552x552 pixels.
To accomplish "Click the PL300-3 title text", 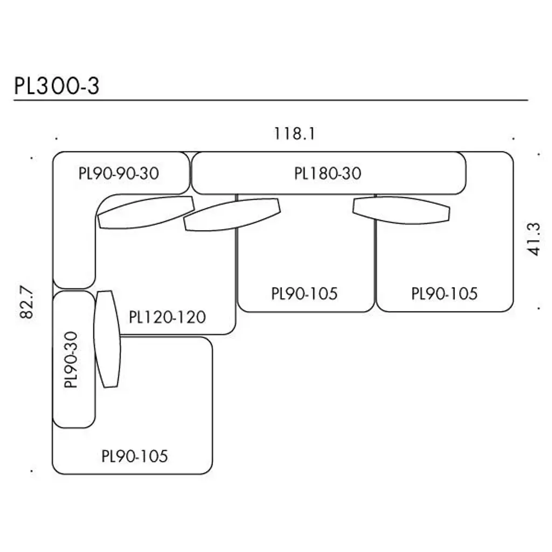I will [57, 86].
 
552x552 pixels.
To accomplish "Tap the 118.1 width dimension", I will [294, 133].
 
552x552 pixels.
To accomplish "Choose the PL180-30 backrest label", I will [328, 174].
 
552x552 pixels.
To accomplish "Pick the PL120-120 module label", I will [168, 316].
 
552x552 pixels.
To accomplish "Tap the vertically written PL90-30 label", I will [71, 359].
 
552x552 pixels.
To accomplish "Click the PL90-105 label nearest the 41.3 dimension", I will [444, 294].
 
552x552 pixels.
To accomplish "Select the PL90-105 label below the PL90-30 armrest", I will [135, 457].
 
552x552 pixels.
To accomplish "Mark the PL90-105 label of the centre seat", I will [305, 294].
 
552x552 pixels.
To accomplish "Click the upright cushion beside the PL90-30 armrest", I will [107, 339].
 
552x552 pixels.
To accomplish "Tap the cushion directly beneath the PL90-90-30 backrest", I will [146, 212].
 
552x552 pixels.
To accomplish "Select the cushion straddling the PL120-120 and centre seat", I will [232, 215].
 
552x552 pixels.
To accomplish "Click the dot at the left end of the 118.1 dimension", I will [56, 139].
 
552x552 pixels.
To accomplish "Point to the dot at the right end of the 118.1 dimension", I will [514, 139].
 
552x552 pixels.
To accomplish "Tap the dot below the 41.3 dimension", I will [539, 309].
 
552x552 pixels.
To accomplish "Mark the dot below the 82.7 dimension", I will [33, 471].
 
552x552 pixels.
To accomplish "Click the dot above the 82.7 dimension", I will [33, 158].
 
